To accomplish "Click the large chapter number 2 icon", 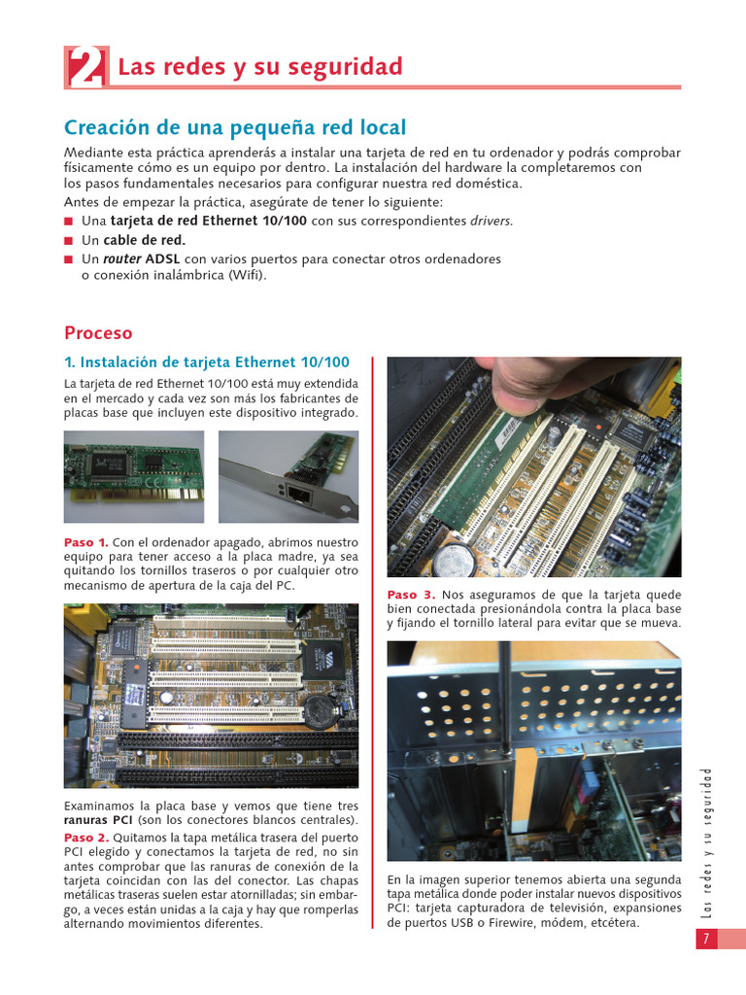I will pyautogui.click(x=85, y=67).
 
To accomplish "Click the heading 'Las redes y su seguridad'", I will pyautogui.click(x=259, y=67).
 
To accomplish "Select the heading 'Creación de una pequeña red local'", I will pyautogui.click(x=235, y=128).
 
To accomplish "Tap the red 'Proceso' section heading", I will pyautogui.click(x=97, y=333).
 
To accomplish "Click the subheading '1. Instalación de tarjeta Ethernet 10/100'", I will pyautogui.click(x=206, y=362).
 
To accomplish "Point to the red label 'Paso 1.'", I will pyautogui.click(x=85, y=542).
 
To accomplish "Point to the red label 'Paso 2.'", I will pyautogui.click(x=85, y=838).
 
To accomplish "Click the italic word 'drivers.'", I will pyautogui.click(x=492, y=221).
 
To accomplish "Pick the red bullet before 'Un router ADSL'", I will pyautogui.click(x=69, y=260).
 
